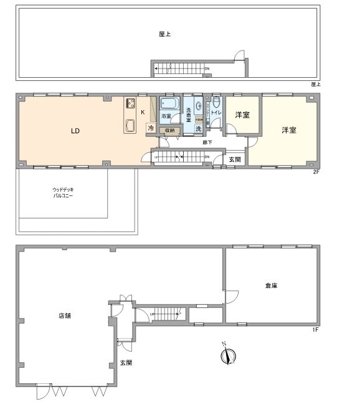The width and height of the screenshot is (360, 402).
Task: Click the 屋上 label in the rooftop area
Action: [x=164, y=35]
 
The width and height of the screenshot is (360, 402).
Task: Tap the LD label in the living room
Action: [x=75, y=131]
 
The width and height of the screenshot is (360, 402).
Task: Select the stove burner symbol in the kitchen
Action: [x=131, y=103]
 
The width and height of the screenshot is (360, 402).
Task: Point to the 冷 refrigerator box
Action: [x=150, y=128]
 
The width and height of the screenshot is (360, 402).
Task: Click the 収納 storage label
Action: [x=169, y=131]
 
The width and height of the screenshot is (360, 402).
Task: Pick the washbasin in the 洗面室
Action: [x=198, y=106]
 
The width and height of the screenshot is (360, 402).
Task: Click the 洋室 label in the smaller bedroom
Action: [x=242, y=116]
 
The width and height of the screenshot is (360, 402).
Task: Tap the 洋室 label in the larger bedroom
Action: [x=288, y=130]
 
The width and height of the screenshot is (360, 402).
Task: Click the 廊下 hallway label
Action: [x=207, y=143]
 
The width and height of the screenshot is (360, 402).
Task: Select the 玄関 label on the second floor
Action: [x=235, y=160]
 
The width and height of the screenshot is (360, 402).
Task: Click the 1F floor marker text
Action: [x=316, y=329]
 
